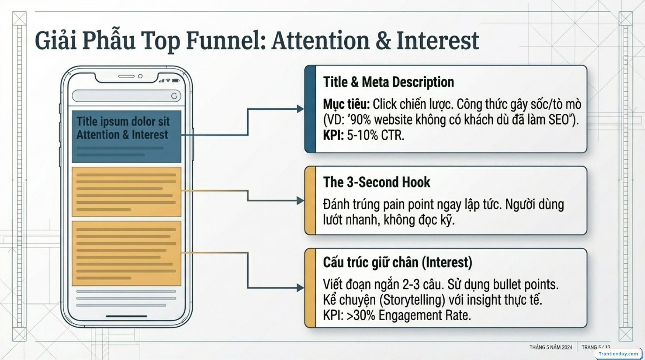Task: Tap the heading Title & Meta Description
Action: pos(388,82)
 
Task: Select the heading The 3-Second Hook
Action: pos(376,182)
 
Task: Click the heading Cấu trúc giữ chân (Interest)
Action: pos(397,262)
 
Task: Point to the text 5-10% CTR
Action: pos(375,135)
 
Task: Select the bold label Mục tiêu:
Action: pos(346,104)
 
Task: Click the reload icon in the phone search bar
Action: pos(174,96)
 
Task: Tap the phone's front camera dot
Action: pos(140,76)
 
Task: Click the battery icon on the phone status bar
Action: pos(175,81)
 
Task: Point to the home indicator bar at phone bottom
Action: pos(126,316)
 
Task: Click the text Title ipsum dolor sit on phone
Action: pos(123,121)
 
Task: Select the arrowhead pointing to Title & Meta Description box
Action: pos(300,109)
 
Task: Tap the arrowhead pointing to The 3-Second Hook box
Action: pos(300,201)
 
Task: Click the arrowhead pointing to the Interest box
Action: pos(300,288)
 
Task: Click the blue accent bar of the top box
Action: pos(310,109)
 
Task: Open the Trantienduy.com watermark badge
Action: pos(618,354)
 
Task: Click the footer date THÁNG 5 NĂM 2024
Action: pos(551,347)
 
